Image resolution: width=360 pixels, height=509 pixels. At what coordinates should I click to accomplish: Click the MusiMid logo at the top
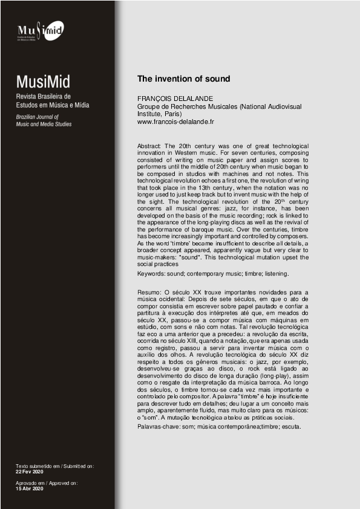point(40,30)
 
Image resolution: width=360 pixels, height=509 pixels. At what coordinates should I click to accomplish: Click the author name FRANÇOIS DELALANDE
point(172,99)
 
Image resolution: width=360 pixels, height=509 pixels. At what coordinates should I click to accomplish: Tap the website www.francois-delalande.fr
point(176,122)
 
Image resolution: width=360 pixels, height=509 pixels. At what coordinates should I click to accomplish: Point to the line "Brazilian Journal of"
point(38,116)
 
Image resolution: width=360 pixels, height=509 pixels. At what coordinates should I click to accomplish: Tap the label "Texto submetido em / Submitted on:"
point(55,466)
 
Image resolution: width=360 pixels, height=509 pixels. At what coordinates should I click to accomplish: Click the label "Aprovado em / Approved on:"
point(47,482)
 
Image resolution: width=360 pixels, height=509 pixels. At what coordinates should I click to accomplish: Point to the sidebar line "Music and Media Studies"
point(44,124)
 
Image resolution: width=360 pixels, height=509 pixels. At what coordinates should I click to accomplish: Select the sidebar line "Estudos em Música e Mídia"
point(53,105)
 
